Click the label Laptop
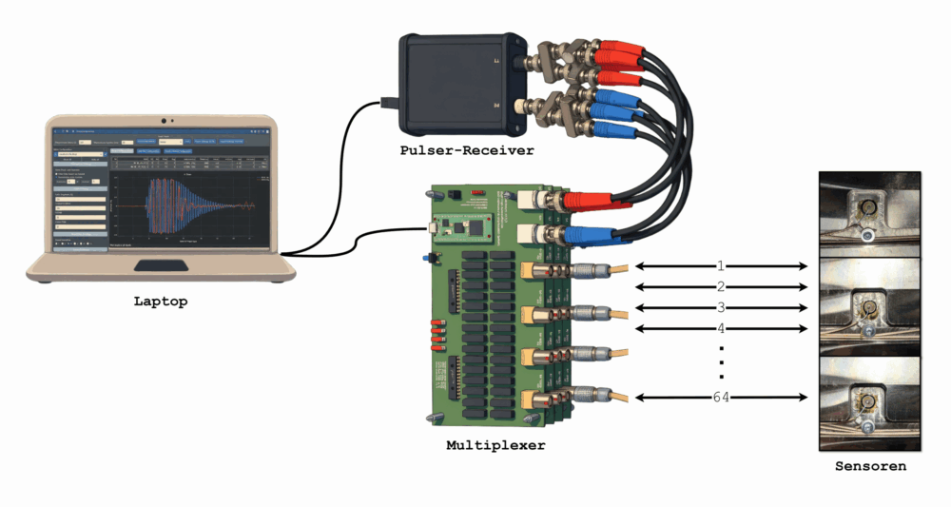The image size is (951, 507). coord(160,302)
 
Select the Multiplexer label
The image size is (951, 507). coord(495,444)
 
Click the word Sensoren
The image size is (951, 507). coord(870,466)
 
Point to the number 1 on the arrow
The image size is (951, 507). coord(721,264)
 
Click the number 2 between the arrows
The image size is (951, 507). coord(721,285)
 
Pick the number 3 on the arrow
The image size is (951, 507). coord(721,307)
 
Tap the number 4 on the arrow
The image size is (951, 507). coord(721,328)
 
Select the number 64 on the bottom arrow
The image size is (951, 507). coord(721,397)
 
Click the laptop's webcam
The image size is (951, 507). coord(165,121)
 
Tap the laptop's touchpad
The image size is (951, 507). coord(161,264)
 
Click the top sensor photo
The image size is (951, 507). coord(869,213)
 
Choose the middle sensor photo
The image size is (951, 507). coord(869,306)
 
